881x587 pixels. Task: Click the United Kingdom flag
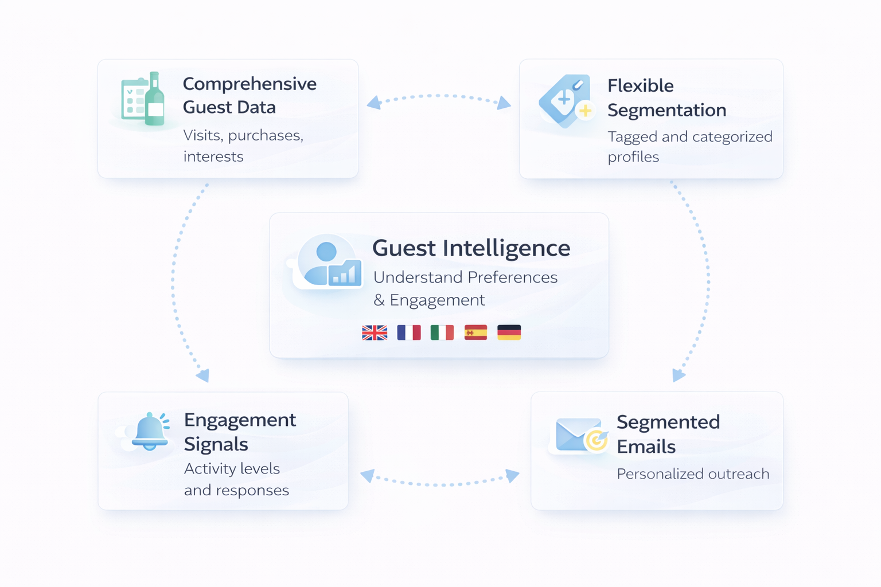(375, 332)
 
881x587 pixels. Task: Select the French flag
(408, 332)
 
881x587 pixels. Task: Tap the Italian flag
(442, 332)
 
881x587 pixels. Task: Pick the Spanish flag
(475, 332)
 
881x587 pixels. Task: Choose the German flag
(509, 332)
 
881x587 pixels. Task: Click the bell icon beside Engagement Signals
(150, 431)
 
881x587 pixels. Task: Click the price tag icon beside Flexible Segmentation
(565, 100)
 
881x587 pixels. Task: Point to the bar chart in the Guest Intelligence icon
(345, 273)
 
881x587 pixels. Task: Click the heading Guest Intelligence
(471, 248)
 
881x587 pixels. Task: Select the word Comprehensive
(250, 84)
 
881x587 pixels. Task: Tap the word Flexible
(640, 85)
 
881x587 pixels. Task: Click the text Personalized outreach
(693, 474)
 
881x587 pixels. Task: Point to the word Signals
(216, 444)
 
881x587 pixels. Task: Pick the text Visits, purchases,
(243, 135)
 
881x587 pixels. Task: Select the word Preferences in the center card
(512, 277)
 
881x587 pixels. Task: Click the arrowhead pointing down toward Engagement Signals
(203, 376)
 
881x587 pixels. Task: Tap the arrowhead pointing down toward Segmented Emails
(678, 375)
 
